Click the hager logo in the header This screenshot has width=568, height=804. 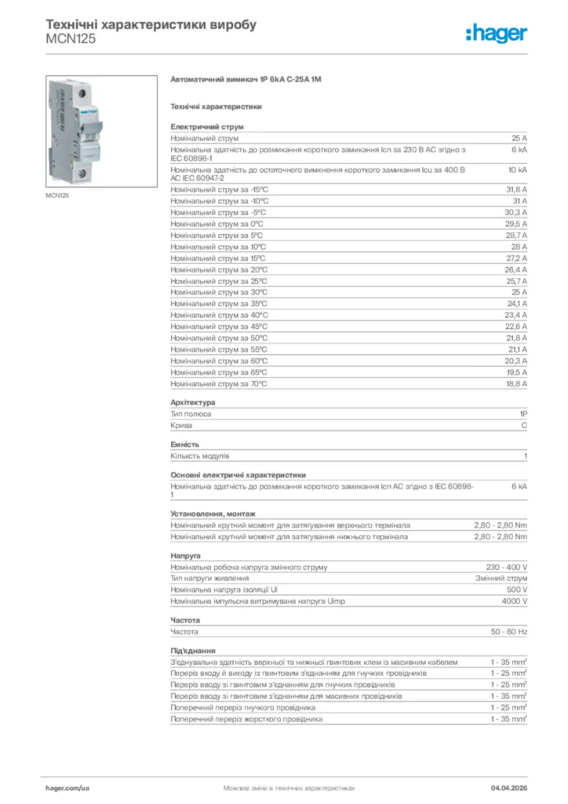coord(496,33)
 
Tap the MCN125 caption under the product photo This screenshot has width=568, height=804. coord(56,196)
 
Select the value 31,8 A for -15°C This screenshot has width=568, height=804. coord(516,190)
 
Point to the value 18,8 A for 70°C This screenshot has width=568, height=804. coord(516,384)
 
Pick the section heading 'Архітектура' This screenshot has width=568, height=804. coord(193,403)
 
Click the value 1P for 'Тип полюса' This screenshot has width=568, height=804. coord(522,414)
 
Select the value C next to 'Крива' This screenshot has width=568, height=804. coord(524,426)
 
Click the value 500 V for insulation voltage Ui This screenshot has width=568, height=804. coord(517,590)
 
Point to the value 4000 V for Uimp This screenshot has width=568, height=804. coord(515,601)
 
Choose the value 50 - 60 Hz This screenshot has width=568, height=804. coord(509,631)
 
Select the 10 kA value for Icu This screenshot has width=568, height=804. coord(517,169)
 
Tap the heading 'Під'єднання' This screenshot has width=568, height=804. coord(193,651)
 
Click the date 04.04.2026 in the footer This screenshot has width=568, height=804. coord(508,787)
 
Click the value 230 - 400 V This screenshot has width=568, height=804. coord(507,567)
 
